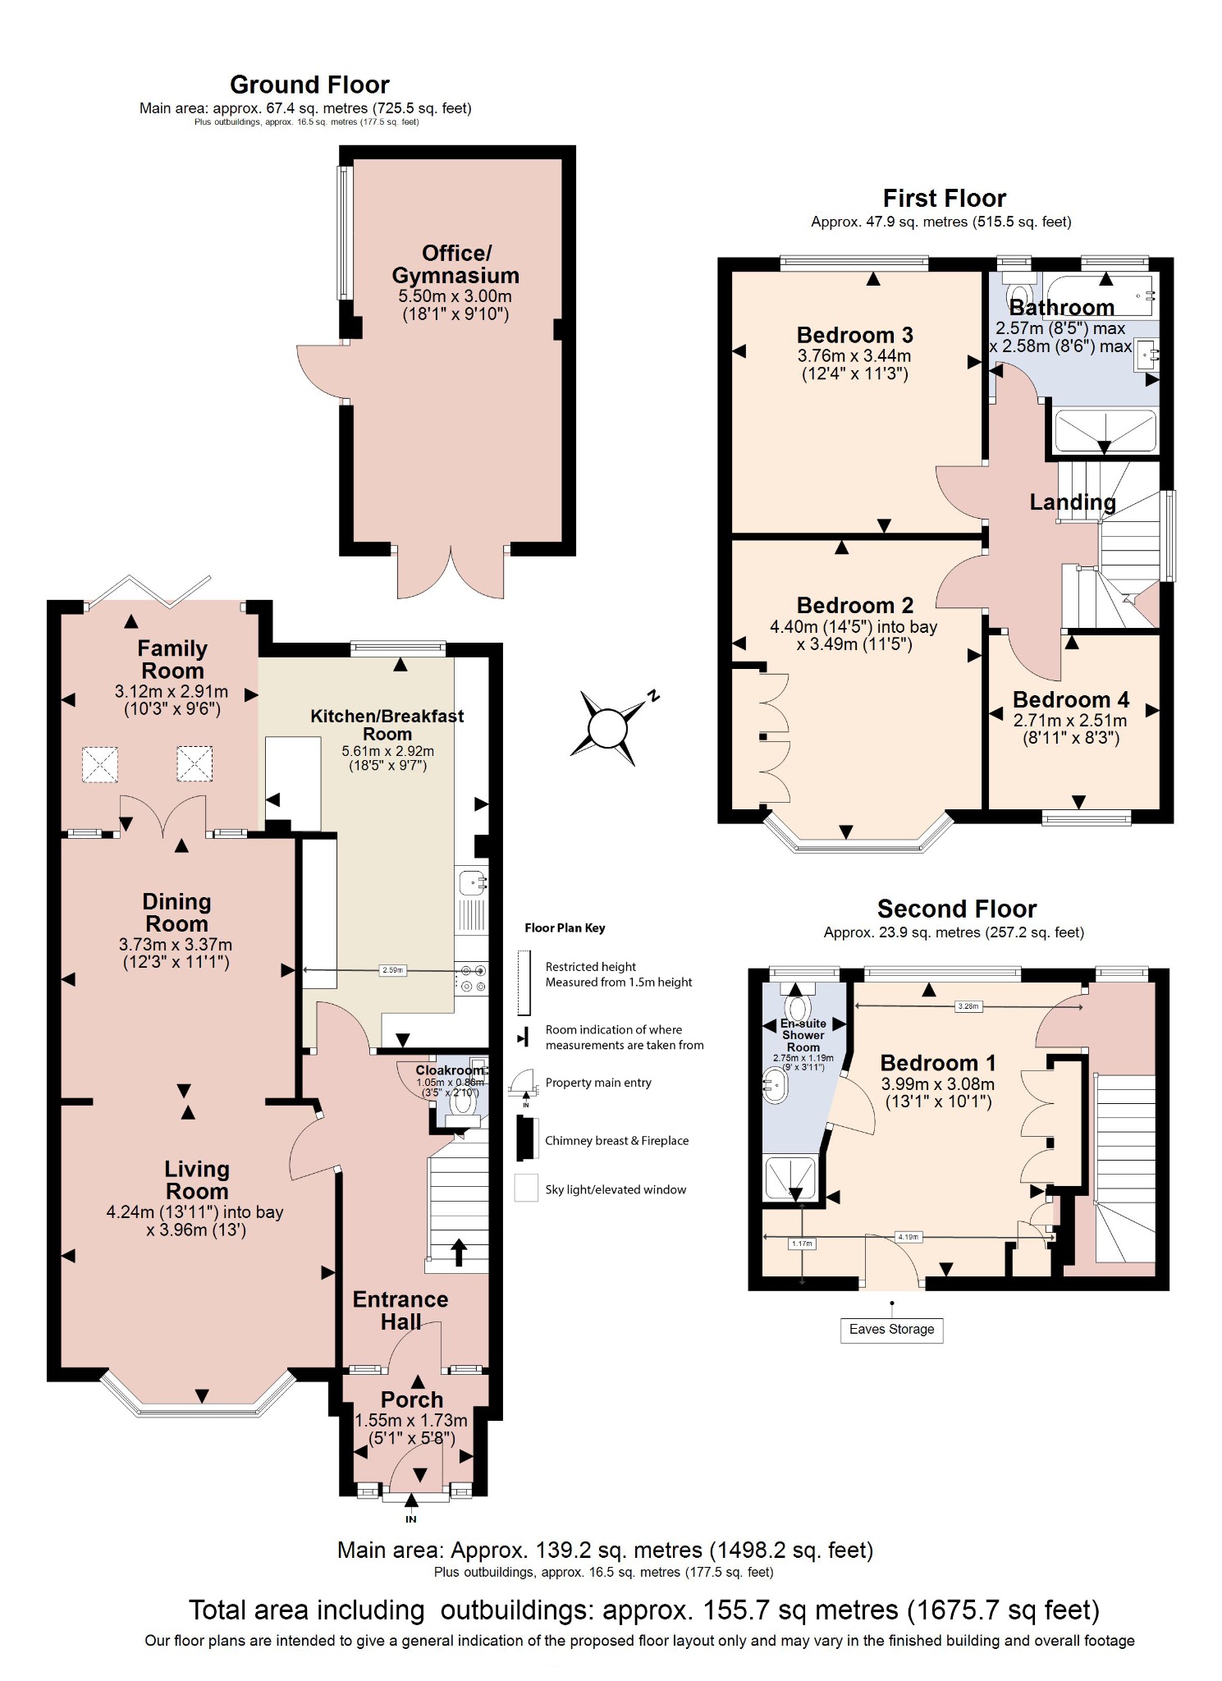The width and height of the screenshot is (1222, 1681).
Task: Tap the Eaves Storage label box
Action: pos(891,1329)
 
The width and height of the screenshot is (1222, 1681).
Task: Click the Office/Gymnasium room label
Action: pos(455,264)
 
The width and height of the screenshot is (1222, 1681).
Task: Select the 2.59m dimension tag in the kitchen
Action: pos(393,970)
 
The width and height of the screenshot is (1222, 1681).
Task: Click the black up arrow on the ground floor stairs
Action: pos(459,1252)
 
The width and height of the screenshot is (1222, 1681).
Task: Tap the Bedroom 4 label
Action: pos(1070,700)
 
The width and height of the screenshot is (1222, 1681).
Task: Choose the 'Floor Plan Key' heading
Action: pos(565,928)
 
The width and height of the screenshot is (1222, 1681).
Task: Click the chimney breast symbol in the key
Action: pos(522,1138)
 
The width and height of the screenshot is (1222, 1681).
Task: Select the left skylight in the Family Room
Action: pos(99,764)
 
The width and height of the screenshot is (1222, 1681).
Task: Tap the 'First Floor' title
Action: pos(944,199)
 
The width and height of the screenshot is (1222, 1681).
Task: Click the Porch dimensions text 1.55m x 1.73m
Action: pos(411,1420)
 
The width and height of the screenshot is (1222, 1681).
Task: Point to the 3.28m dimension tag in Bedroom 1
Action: pos(968,1006)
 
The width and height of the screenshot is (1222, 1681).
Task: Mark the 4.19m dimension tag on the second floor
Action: pos(908,1237)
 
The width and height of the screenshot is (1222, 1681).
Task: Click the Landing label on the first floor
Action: pos(1072,502)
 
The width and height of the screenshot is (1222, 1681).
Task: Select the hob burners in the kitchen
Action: pos(473,979)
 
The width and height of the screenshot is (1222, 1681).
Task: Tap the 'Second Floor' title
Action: pos(956,909)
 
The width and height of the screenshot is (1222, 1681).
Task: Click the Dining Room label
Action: pos(176,913)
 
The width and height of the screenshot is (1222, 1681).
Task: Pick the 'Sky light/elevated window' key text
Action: pos(616,1189)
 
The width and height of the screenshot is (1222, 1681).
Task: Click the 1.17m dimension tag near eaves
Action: pos(802,1244)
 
